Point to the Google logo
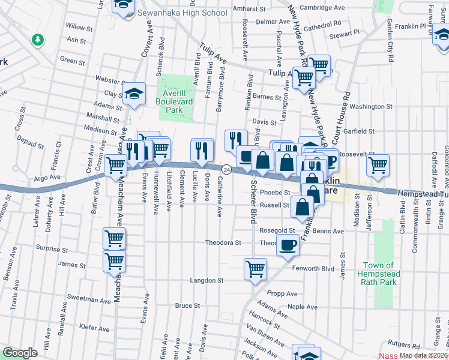coord(20,353)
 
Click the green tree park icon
coord(38,40)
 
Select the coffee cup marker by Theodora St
coord(288,244)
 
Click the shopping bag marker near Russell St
coord(303,208)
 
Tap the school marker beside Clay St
coord(134,93)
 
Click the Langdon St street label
coord(206,280)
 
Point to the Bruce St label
coord(187,306)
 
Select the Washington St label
coord(370,106)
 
